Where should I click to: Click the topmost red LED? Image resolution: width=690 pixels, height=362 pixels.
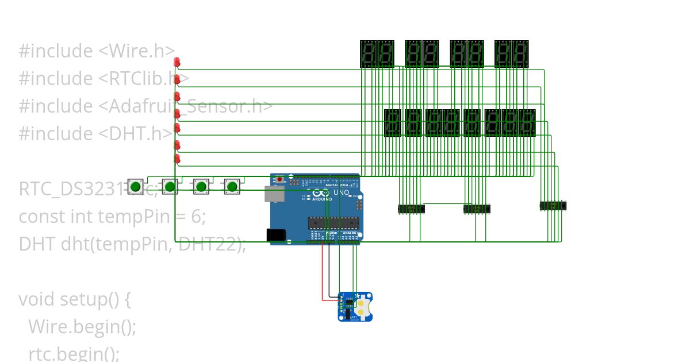point(177,61)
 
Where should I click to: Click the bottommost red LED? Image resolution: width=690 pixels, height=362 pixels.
point(177,159)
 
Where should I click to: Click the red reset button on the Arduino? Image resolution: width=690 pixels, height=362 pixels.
point(279,180)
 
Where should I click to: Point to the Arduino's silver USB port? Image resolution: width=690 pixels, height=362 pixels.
point(274,194)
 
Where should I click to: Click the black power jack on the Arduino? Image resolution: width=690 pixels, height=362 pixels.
point(276,234)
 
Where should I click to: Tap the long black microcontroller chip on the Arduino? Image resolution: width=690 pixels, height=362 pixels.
point(332,223)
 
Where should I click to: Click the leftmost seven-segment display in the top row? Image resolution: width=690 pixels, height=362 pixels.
point(368,53)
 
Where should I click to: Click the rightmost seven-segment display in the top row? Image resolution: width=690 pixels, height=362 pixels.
point(520,53)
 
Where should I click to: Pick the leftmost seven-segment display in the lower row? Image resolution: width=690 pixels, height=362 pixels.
point(392,122)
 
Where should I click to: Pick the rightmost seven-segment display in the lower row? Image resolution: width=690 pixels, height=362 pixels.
point(527,122)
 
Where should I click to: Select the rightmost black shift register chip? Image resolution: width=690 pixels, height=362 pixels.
point(553,205)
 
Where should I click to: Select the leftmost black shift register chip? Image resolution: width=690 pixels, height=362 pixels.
point(411,209)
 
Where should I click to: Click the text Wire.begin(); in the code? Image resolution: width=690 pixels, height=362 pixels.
point(82,327)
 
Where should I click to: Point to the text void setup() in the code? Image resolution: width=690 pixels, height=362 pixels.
point(71,299)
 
